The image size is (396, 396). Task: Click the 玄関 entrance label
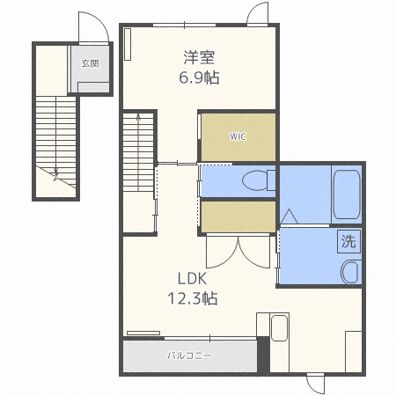coord(91,63)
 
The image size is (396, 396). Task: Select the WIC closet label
coord(238,136)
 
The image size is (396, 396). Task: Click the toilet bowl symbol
coord(255,180)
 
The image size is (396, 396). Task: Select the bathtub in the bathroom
coord(346,194)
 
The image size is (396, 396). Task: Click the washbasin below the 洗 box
coord(350,271)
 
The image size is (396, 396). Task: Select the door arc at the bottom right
coord(314,385)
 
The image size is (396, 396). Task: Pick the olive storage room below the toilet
coord(238,215)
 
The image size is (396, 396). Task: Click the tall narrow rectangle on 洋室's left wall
coord(128,44)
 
